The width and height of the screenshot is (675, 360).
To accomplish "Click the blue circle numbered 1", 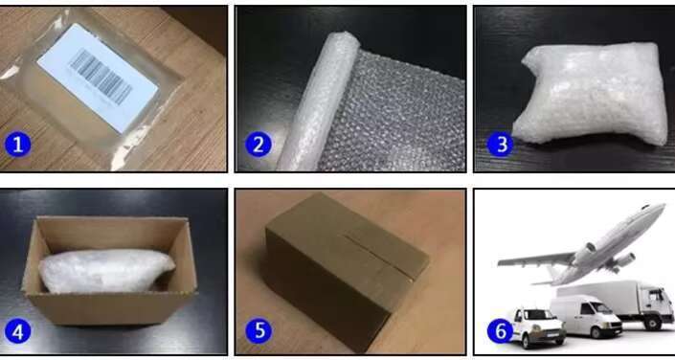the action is [x=17, y=145].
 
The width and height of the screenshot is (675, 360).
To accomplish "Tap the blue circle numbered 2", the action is [x=259, y=145].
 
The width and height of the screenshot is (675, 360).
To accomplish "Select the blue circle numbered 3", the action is [x=501, y=145].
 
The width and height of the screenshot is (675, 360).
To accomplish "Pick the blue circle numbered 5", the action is [x=259, y=330].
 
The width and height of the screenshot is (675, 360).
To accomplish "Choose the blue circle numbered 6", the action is [x=501, y=331].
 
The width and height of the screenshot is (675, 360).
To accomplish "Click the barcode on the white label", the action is [x=101, y=77].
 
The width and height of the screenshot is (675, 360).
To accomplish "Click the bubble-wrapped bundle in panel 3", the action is [x=591, y=94].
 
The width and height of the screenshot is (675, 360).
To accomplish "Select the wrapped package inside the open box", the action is [x=105, y=270].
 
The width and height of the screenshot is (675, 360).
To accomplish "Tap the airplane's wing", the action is [x=538, y=260].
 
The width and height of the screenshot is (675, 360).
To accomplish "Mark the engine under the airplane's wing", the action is [x=623, y=260].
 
